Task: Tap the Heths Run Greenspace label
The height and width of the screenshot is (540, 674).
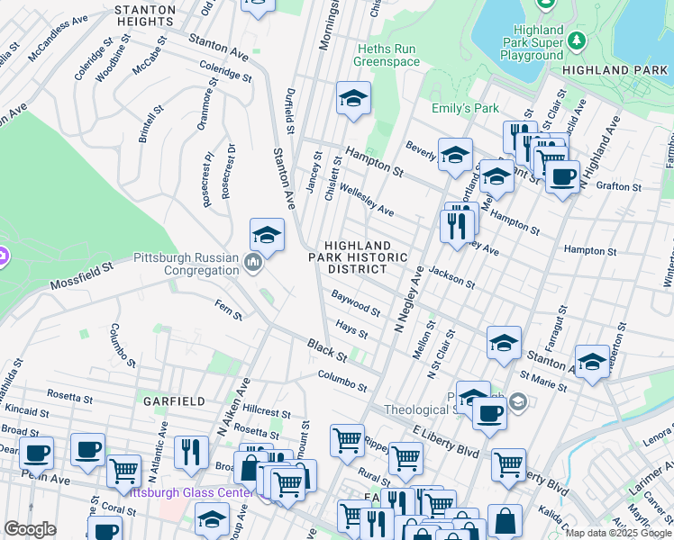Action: coord(387,55)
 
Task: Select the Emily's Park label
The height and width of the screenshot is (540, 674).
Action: coord(465,108)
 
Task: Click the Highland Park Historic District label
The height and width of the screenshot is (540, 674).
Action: coord(358,257)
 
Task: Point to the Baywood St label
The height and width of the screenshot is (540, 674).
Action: coord(355,302)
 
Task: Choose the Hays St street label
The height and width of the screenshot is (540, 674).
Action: coord(351,333)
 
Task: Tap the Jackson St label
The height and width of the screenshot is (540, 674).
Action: coord(451,276)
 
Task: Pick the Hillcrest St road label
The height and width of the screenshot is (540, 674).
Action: coord(260,413)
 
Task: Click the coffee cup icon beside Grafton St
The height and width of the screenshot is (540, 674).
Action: coord(562,177)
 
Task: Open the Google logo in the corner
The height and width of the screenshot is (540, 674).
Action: coord(30,529)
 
